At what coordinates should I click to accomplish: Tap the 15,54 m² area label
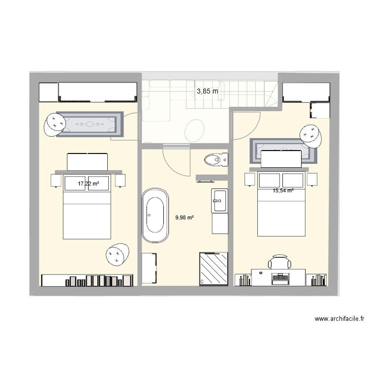pyautogui.click(x=283, y=190)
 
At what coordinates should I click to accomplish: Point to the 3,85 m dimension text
pyautogui.click(x=207, y=91)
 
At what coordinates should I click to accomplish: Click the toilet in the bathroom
pyautogui.click(x=216, y=159)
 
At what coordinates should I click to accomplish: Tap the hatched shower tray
pyautogui.click(x=214, y=269)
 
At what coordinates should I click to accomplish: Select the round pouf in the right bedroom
pyautogui.click(x=311, y=134)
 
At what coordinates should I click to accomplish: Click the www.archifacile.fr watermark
pyautogui.click(x=339, y=319)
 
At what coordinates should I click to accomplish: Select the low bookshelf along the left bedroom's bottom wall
pyautogui.click(x=88, y=280)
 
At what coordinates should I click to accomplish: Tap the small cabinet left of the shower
pyautogui.click(x=150, y=268)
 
